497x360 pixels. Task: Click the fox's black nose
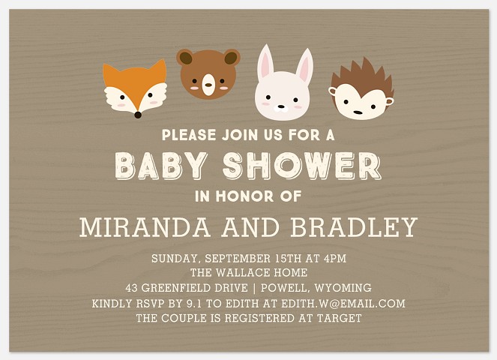(136, 115)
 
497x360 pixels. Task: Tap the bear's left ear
(184, 57)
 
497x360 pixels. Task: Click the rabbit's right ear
(304, 67)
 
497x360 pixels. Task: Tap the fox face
(135, 91)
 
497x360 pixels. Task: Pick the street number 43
(133, 288)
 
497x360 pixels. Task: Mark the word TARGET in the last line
(340, 319)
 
